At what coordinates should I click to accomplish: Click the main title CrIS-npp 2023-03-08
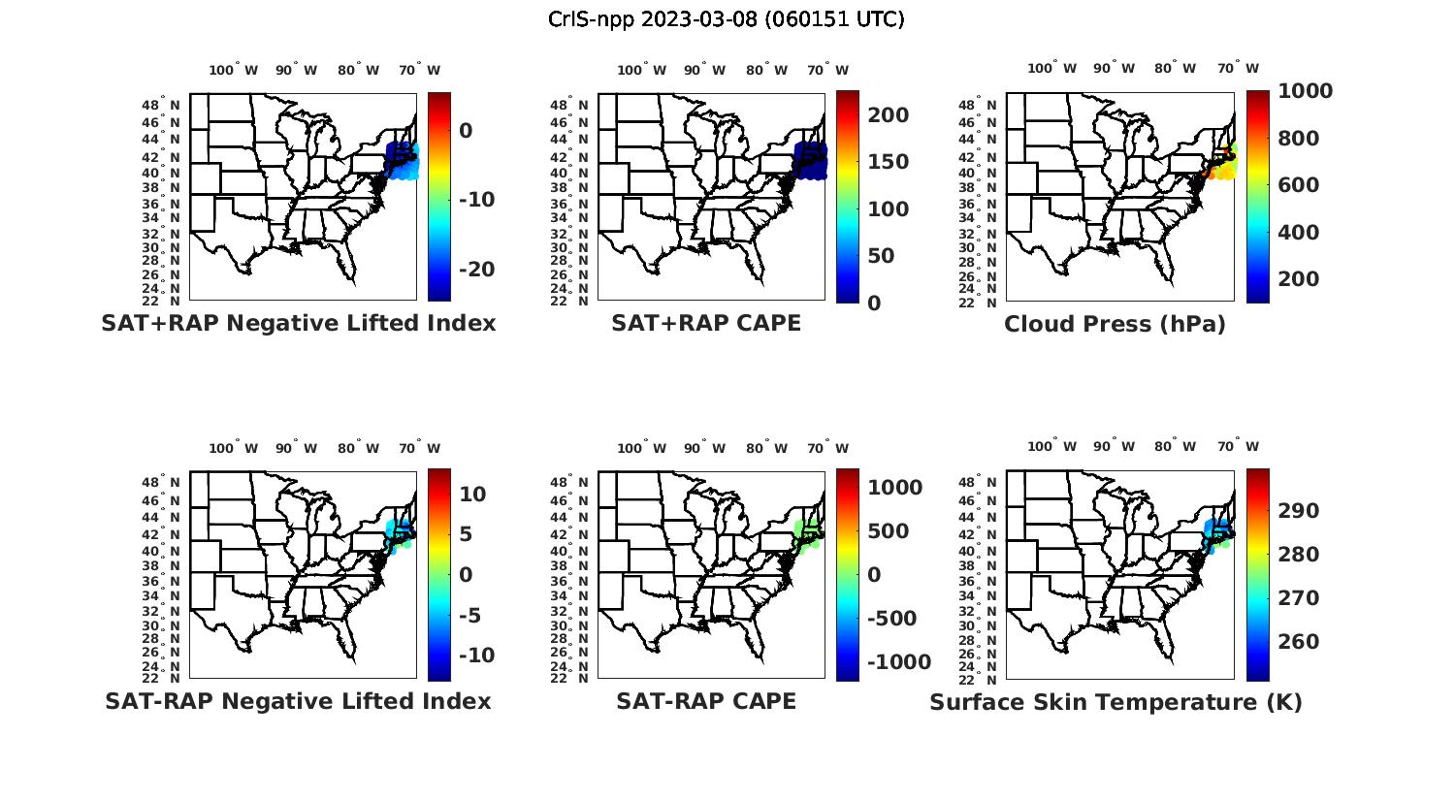(726, 18)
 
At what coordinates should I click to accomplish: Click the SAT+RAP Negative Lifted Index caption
(298, 323)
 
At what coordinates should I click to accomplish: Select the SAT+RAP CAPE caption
(706, 323)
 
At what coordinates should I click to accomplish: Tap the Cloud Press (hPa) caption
(1115, 324)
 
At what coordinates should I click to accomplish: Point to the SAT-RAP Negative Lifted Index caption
(298, 701)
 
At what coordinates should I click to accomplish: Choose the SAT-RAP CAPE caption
(706, 701)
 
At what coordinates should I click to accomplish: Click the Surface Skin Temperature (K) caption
(1115, 702)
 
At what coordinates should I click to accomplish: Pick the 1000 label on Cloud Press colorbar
(1305, 91)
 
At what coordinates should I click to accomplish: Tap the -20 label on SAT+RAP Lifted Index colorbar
(476, 270)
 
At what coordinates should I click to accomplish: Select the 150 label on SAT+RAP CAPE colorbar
(888, 162)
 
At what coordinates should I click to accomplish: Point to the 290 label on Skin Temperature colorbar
(1298, 511)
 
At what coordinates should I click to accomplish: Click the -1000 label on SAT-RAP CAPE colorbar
(899, 662)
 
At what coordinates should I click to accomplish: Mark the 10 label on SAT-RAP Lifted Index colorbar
(472, 495)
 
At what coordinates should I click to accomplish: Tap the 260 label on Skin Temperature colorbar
(1298, 642)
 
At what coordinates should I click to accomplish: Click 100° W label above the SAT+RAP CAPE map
(641, 70)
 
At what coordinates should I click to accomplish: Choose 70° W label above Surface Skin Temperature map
(1238, 447)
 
